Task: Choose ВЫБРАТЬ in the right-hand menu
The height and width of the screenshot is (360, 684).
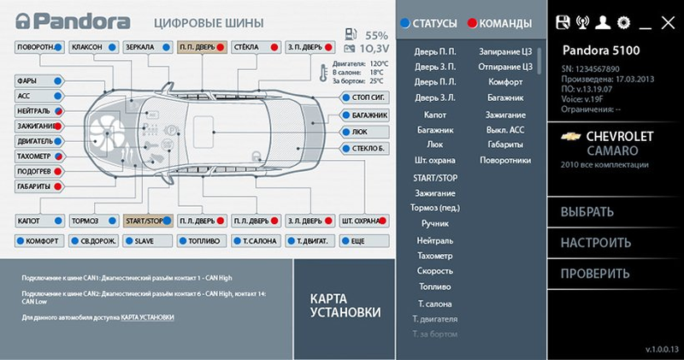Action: (x=587, y=212)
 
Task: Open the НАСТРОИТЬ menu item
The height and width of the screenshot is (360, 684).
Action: (x=595, y=243)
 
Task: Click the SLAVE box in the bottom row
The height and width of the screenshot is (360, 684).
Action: (x=147, y=241)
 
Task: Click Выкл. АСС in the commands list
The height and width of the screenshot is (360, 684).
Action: (x=504, y=129)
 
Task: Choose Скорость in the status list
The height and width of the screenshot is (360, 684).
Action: (x=434, y=270)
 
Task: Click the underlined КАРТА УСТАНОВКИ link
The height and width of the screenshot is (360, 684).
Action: (x=147, y=317)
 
